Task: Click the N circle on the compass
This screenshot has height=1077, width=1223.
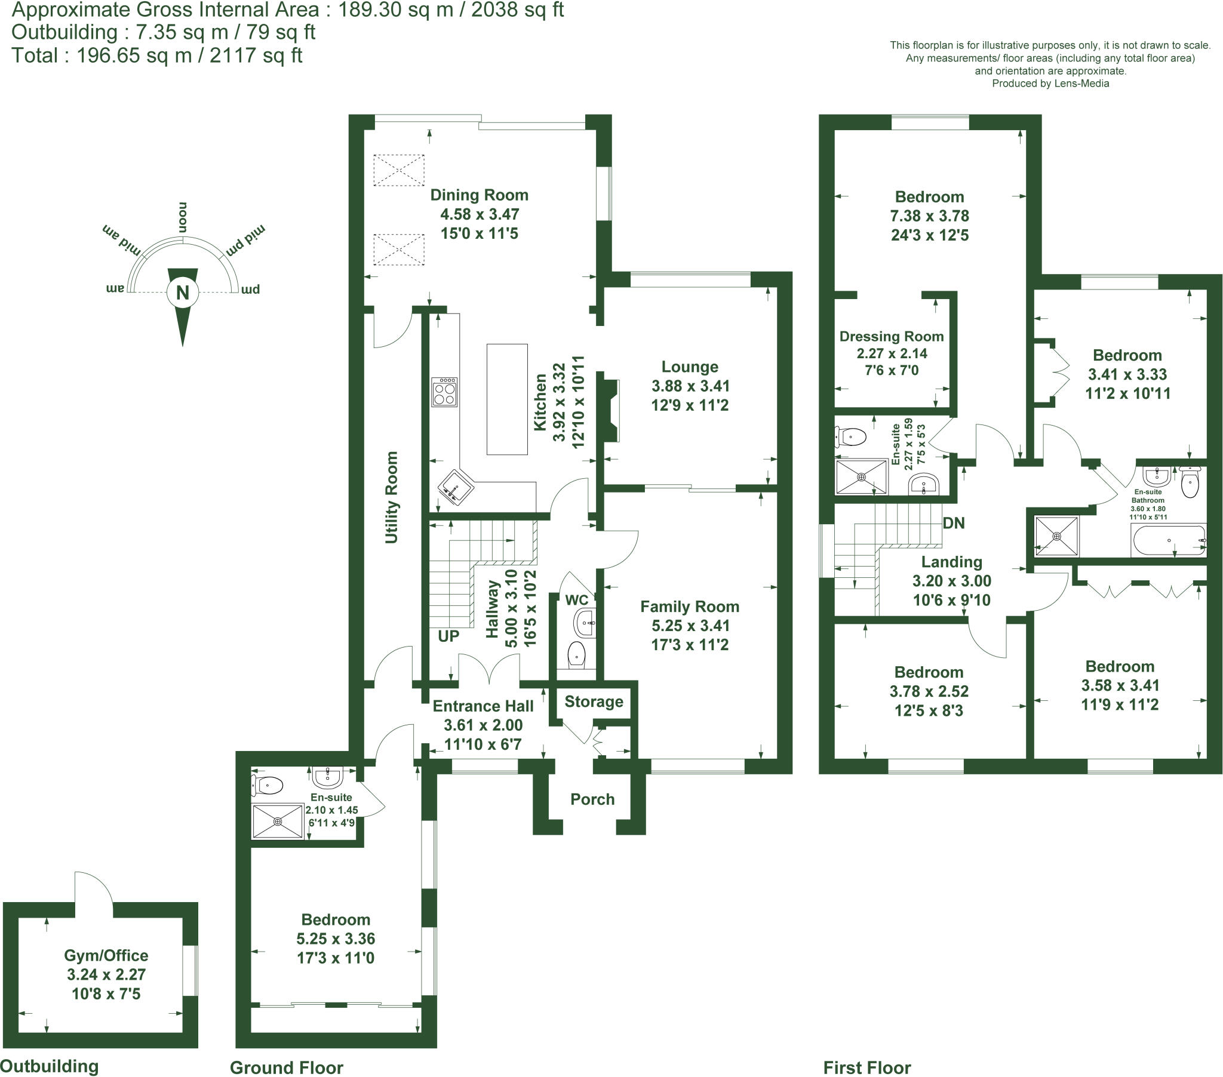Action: click(183, 293)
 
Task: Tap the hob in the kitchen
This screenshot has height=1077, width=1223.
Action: click(444, 392)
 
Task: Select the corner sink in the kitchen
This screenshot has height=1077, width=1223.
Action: click(455, 487)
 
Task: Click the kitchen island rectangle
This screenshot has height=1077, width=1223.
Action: click(507, 399)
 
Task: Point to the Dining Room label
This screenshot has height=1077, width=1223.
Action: click(480, 195)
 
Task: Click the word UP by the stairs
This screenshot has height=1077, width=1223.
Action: click(448, 636)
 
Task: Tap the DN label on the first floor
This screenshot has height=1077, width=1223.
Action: click(953, 523)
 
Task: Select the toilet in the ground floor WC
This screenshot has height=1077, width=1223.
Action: click(577, 654)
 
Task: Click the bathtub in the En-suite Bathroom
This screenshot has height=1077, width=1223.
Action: click(1169, 540)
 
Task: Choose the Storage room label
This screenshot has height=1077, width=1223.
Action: click(594, 701)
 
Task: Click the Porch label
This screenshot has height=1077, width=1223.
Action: click(592, 799)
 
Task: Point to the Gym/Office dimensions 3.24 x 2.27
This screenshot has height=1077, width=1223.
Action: click(106, 975)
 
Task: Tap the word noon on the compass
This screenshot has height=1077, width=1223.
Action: click(183, 217)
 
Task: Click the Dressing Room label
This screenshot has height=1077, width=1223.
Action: click(892, 336)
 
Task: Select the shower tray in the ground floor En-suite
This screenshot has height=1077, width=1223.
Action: click(278, 821)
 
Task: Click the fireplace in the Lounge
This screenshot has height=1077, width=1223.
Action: click(611, 410)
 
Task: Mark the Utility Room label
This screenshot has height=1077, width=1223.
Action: click(391, 497)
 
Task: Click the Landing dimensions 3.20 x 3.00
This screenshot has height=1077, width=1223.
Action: click(951, 581)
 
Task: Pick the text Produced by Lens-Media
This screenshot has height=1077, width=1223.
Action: click(1050, 84)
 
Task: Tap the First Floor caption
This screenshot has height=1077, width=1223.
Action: click(866, 1067)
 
